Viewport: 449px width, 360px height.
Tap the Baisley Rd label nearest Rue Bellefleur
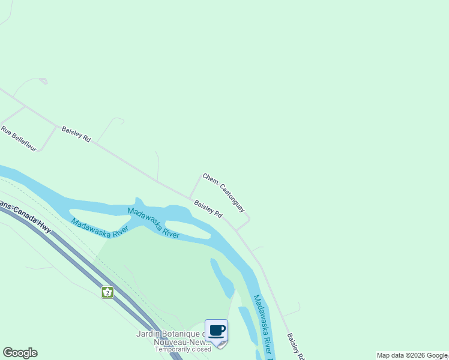(76, 134)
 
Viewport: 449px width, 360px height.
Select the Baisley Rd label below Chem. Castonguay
(208, 209)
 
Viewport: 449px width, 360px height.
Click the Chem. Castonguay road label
(224, 193)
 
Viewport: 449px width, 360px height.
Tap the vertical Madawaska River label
(262, 325)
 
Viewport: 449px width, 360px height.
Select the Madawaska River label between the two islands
(153, 223)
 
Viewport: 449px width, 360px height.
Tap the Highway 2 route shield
(107, 292)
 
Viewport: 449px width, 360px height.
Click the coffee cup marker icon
(216, 331)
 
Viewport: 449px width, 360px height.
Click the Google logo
(20, 353)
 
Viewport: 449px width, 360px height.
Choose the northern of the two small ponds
(221, 278)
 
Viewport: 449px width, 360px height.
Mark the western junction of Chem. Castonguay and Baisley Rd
(190, 198)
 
